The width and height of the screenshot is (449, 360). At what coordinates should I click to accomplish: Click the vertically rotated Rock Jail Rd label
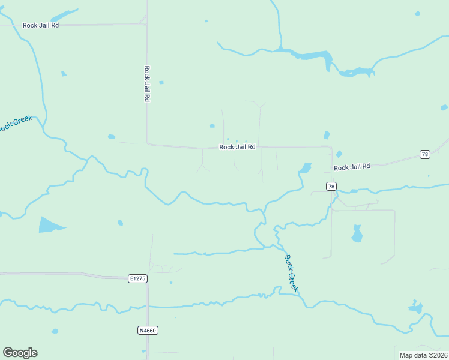[146, 83]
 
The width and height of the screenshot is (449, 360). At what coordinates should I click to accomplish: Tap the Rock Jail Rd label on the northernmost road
[41, 25]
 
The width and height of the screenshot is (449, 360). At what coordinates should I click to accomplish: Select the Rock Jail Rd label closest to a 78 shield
[352, 167]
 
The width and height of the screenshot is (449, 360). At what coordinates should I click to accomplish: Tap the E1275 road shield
[137, 278]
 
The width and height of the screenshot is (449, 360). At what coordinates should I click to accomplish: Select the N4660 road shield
[148, 330]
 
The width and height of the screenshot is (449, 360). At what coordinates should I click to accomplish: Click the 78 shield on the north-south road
[331, 187]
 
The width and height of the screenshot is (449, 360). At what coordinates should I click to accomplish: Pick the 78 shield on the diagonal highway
[425, 154]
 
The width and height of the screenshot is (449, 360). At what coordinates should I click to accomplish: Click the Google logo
[20, 352]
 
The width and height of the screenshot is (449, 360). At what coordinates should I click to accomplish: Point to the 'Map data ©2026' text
[423, 355]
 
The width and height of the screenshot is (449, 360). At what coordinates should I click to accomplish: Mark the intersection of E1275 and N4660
[148, 278]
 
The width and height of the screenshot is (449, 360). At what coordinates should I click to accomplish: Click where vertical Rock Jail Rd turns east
[148, 143]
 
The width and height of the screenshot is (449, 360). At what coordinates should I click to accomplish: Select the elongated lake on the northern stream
[312, 56]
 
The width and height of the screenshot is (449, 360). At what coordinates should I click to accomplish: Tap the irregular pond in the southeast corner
[415, 308]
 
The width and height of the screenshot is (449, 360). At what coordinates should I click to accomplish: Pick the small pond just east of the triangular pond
[120, 223]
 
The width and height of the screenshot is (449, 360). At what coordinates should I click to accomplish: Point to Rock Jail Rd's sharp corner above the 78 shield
[331, 146]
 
